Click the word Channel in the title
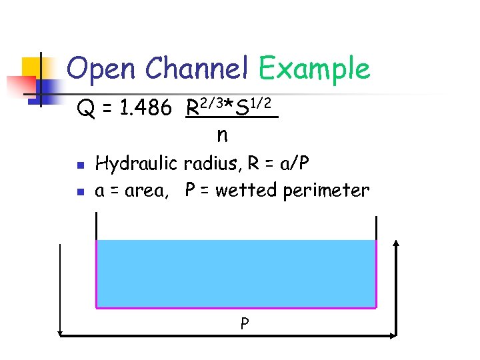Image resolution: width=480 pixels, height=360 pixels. point(197,68)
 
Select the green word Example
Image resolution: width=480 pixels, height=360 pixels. point(314,69)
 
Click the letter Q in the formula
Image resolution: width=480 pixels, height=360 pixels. point(85,107)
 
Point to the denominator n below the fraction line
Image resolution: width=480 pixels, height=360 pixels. point(222,135)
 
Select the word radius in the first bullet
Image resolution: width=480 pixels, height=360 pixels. point(207,163)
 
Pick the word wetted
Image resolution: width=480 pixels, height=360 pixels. point(246,191)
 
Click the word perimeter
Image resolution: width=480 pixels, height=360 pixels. point(326,192)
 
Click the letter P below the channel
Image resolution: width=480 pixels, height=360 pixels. point(245,325)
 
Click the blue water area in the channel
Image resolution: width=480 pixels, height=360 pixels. point(237,273)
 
